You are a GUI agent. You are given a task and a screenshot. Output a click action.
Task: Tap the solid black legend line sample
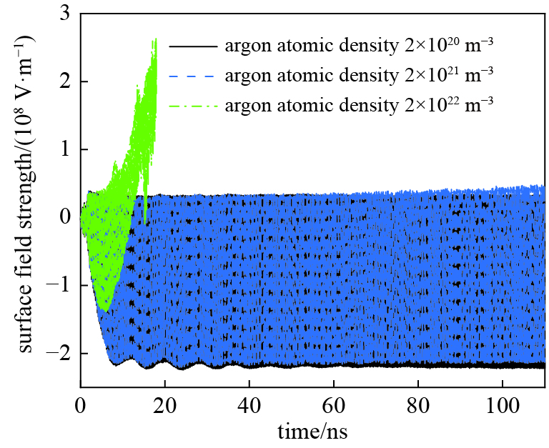(x=192, y=46)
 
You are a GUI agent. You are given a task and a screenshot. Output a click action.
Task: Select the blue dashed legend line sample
(x=192, y=75)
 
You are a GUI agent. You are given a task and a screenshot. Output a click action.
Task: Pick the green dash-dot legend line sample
(x=192, y=106)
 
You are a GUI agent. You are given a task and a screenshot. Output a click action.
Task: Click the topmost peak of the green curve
(x=155, y=39)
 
